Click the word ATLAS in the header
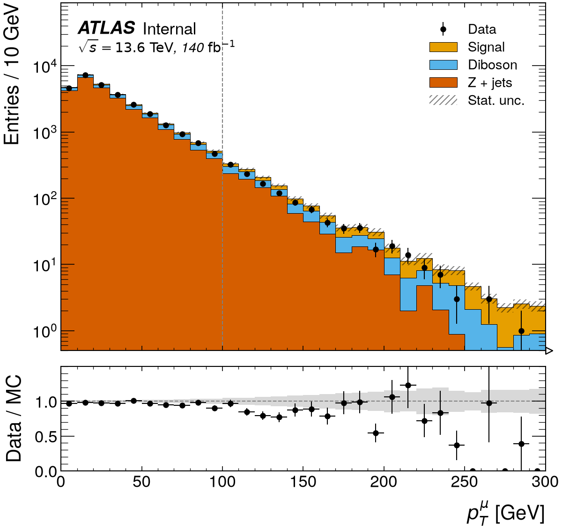(106, 28)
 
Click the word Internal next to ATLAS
(169, 29)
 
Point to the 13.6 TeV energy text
(144, 47)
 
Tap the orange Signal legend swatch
(443, 47)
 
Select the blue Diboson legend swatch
(443, 65)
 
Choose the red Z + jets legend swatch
(443, 82)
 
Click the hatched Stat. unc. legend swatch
(443, 100)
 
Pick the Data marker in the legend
(443, 29)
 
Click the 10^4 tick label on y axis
(41, 67)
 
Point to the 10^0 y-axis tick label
(41, 331)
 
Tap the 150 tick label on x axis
(303, 482)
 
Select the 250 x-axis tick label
(465, 482)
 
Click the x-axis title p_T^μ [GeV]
(505, 513)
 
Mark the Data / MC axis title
(14, 419)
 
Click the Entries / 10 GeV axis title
(11, 75)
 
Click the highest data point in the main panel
(85, 75)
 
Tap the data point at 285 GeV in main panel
(521, 331)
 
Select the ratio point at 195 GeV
(376, 433)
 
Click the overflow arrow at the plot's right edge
(549, 351)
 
